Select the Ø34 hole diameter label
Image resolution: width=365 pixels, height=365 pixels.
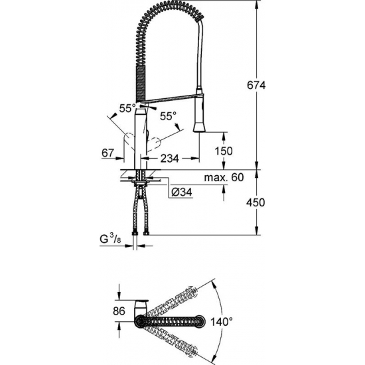click(x=183, y=192)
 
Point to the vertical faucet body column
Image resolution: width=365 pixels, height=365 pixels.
click(x=140, y=136)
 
